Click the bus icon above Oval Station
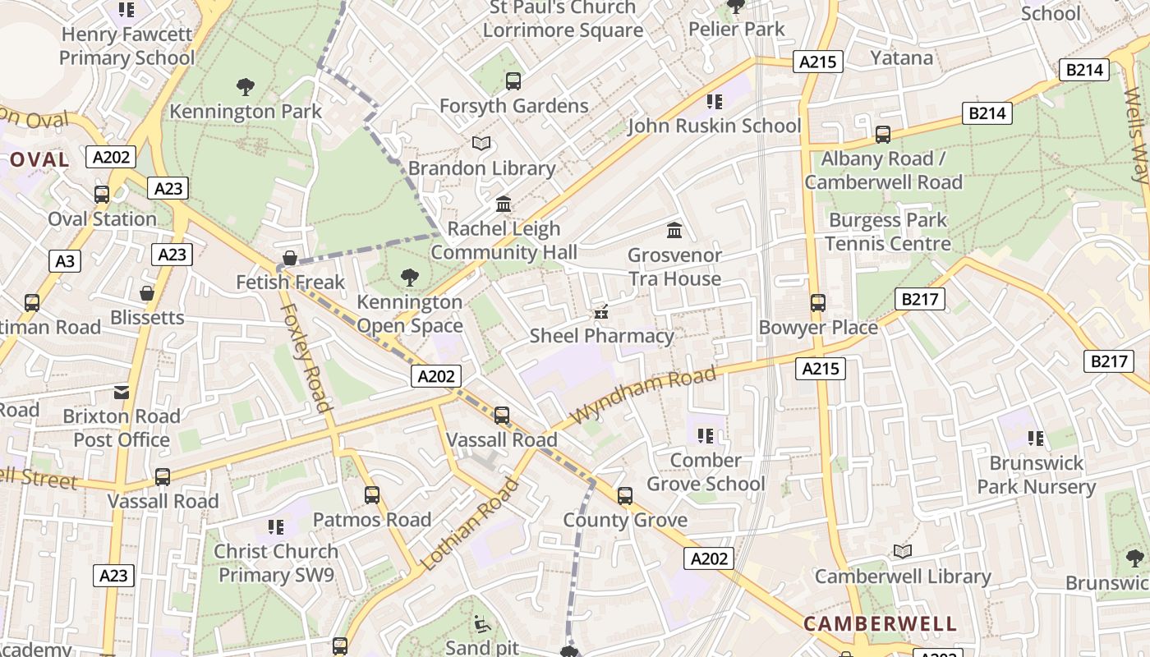tap(102, 195)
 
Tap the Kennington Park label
tap(246, 111)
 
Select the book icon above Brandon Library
tap(481, 144)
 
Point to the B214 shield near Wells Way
tap(1083, 70)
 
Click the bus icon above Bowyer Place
tap(817, 303)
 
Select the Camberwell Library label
tap(902, 577)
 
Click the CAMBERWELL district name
tap(880, 624)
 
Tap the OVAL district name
tap(39, 160)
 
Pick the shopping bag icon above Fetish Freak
tap(289, 258)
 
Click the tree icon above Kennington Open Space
tap(409, 278)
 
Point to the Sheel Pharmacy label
tap(601, 336)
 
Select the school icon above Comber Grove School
tap(705, 435)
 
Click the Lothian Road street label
tap(470, 524)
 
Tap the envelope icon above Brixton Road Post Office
tap(122, 392)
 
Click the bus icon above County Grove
tap(625, 496)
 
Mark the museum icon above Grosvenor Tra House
tap(674, 230)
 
